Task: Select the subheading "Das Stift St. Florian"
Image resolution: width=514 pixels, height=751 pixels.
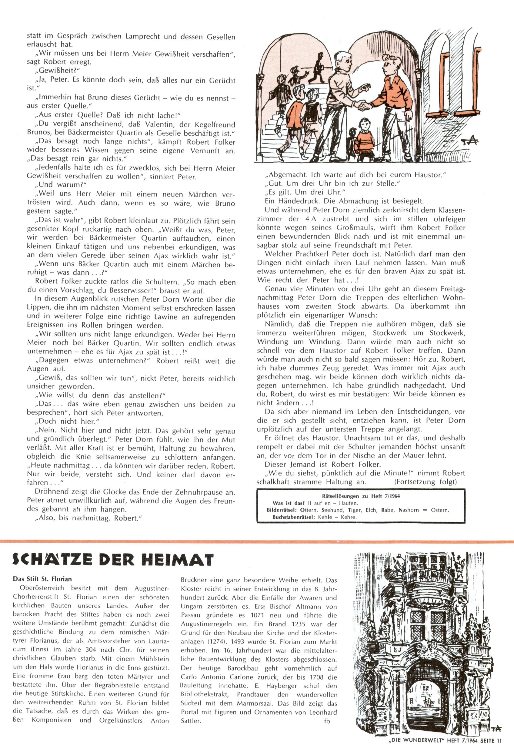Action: pos(42,579)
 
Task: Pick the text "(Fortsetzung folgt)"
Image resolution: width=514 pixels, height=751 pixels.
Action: pos(426,482)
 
